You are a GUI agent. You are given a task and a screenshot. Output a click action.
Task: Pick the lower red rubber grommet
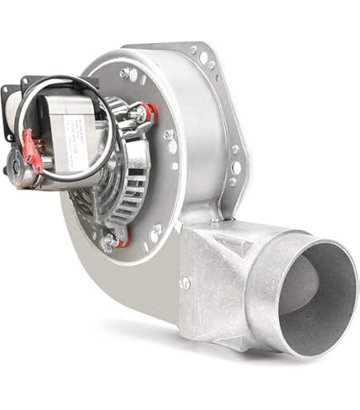[122, 241]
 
